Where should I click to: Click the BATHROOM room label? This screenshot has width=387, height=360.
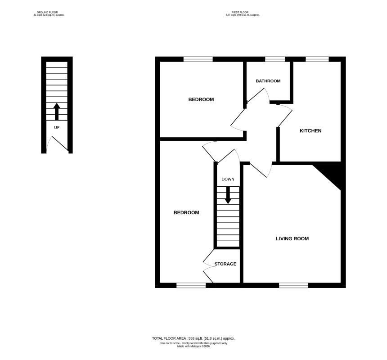pos(268,81)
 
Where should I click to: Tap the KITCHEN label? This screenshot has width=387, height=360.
pos(310,131)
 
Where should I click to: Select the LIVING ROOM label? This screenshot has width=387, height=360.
pos(292,238)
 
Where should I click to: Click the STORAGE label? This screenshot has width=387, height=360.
pos(225,264)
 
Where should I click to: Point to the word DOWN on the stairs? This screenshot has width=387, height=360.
pos(228,179)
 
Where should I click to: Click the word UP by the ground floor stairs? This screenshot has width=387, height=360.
pos(57,127)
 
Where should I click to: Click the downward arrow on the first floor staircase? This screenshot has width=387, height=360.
pos(228,194)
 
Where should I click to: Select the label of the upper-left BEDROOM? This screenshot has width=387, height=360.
pos(201,99)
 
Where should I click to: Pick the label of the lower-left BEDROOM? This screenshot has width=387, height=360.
pos(186,212)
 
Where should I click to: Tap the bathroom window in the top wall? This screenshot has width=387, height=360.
pos(275,59)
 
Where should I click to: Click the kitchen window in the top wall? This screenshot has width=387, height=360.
pos(317,59)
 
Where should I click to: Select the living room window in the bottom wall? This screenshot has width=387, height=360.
pos(293,285)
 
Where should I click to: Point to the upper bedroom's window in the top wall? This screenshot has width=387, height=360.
pos(198,59)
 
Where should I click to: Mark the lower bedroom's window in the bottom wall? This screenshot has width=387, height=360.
pos(191,285)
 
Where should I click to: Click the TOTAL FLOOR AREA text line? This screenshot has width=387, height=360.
pos(193,338)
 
